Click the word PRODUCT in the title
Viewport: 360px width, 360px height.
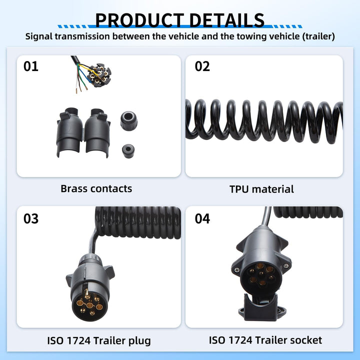coord(139,20)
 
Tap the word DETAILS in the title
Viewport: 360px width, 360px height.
coord(227,20)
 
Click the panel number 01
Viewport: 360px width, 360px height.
coord(31,66)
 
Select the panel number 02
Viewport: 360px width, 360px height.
coord(202,66)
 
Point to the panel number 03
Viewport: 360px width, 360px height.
coord(31,218)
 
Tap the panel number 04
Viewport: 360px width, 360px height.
coord(202,218)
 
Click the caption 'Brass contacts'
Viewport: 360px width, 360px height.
coord(96,188)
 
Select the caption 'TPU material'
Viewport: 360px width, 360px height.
coord(261,189)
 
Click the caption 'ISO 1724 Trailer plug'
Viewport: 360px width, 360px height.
coord(99,340)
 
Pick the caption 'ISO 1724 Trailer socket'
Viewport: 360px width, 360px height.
coord(265,340)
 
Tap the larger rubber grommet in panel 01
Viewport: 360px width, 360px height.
coord(129,121)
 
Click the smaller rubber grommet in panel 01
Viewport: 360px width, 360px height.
coord(128,151)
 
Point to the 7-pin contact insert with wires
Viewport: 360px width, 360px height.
coord(99,75)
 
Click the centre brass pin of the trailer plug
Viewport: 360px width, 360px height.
coord(89,305)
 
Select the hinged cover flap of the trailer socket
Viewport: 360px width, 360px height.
coord(261,307)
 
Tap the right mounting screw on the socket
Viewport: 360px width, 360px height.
coord(286,266)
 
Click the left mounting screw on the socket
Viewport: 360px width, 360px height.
coord(236,270)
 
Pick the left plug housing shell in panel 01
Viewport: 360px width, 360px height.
coord(69,132)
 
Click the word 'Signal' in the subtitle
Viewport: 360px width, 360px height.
coord(39,36)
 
